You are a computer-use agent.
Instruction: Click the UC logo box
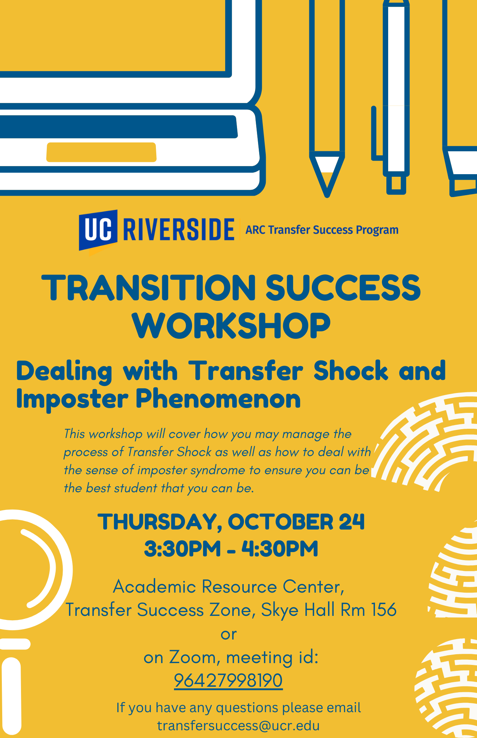[98, 230]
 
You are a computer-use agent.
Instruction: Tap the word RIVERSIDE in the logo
[179, 230]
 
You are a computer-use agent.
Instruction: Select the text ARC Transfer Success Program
[322, 230]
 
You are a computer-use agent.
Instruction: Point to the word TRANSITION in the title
[149, 287]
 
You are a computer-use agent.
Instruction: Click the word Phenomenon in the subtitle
[218, 400]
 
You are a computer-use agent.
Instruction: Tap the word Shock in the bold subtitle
[351, 370]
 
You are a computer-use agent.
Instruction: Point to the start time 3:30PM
[182, 549]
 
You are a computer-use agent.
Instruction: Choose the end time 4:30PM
[280, 549]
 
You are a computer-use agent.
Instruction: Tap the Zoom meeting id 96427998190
[228, 680]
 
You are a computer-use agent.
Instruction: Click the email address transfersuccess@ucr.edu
[238, 725]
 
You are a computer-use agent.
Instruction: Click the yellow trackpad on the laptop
[101, 152]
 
